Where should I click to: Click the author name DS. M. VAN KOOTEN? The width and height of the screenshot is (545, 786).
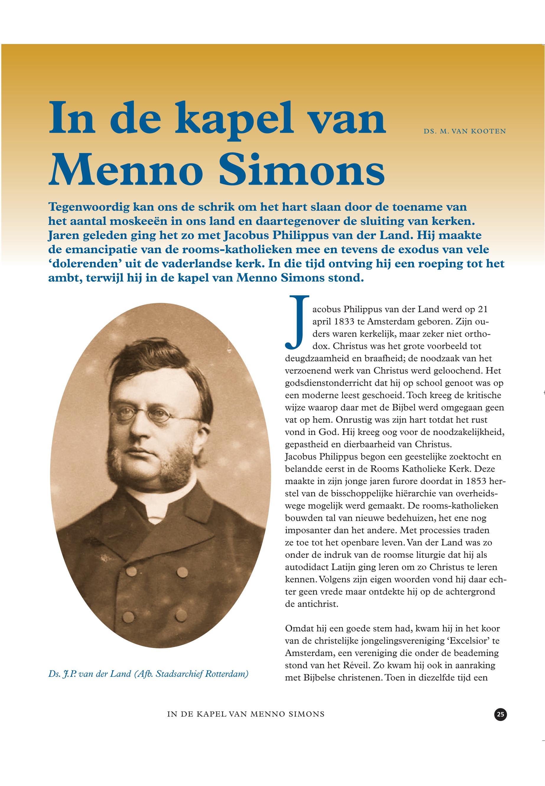tap(464, 131)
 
